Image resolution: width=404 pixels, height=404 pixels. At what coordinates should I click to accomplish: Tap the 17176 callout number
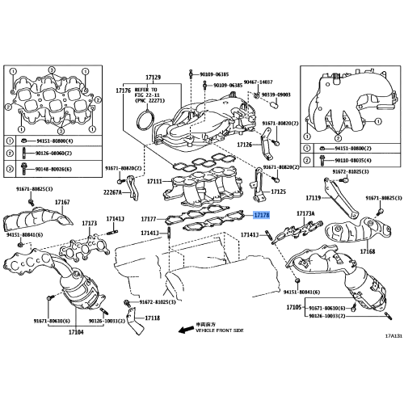(x=123, y=90)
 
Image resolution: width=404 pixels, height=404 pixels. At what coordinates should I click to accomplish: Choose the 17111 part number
(x=154, y=182)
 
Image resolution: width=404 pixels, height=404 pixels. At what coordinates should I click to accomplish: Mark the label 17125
(x=278, y=192)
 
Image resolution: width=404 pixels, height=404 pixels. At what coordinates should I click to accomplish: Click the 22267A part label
(x=113, y=193)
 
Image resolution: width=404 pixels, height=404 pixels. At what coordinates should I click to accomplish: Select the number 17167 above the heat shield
(x=62, y=202)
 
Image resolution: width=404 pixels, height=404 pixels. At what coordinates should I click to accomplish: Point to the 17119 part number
(x=314, y=197)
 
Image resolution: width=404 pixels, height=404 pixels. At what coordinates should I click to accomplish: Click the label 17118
(x=153, y=318)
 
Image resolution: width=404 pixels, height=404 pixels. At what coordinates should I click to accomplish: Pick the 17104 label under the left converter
(x=76, y=332)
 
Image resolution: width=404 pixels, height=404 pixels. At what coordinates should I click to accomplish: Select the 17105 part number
(x=294, y=308)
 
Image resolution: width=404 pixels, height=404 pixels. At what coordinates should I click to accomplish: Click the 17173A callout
(x=305, y=214)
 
